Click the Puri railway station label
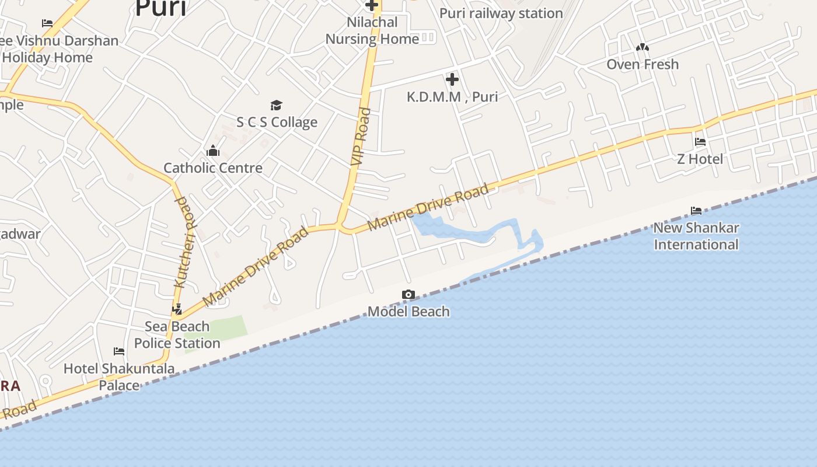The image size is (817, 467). pyautogui.click(x=501, y=13)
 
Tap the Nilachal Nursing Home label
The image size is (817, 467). pyautogui.click(x=372, y=31)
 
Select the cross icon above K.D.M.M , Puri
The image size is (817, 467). pyautogui.click(x=452, y=79)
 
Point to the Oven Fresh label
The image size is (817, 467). pyautogui.click(x=643, y=64)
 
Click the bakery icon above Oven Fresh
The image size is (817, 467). pyautogui.click(x=643, y=47)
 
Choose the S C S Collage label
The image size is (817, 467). pyautogui.click(x=277, y=122)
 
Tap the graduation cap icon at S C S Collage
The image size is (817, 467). pyautogui.click(x=276, y=105)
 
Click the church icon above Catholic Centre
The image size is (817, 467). pyautogui.click(x=213, y=151)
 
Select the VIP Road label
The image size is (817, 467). pyautogui.click(x=360, y=137)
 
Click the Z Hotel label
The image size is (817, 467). pyautogui.click(x=700, y=159)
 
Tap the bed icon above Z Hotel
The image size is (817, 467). pyautogui.click(x=700, y=142)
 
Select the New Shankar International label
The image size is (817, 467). pyautogui.click(x=696, y=236)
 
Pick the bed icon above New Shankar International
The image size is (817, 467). pyautogui.click(x=696, y=211)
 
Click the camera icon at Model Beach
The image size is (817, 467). pyautogui.click(x=408, y=295)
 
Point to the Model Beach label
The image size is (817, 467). pyautogui.click(x=408, y=312)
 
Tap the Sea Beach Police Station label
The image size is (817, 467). pyautogui.click(x=177, y=334)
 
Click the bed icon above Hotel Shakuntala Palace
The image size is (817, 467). pyautogui.click(x=119, y=351)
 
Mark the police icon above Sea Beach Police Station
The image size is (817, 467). pyautogui.click(x=177, y=309)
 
